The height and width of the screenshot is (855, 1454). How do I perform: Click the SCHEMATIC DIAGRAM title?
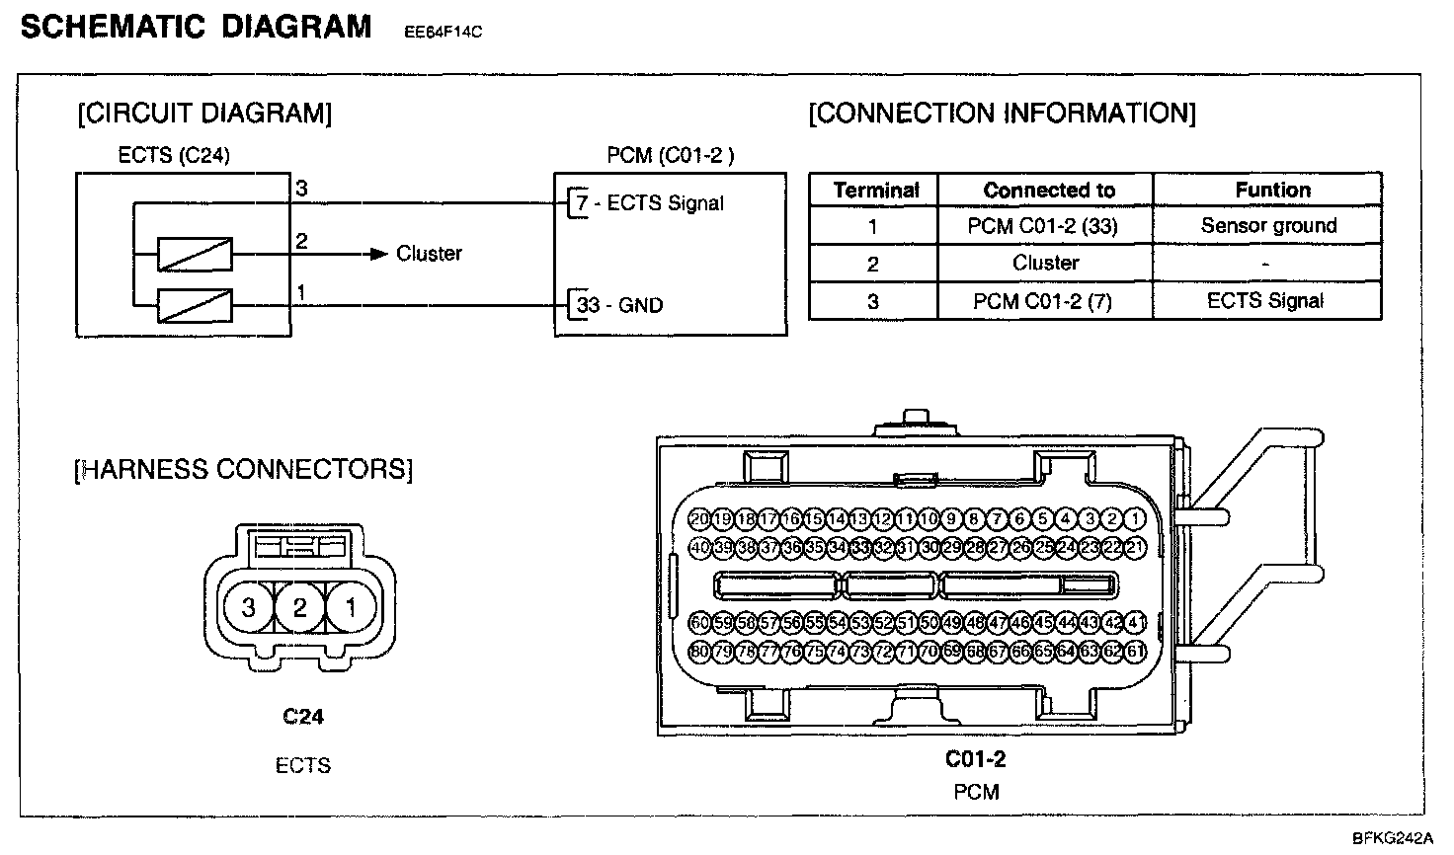tap(196, 27)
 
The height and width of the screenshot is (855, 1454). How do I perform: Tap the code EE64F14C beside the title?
tap(443, 32)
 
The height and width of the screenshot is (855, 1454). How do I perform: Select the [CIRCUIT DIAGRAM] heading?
tap(204, 114)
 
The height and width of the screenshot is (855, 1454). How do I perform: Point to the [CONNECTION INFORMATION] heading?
tap(1002, 114)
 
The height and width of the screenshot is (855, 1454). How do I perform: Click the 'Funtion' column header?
tap(1272, 190)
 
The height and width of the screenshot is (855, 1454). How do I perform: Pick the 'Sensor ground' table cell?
tap(1268, 226)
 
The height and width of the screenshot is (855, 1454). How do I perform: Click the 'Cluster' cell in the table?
tap(1045, 263)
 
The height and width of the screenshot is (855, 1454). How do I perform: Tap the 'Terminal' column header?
tap(876, 191)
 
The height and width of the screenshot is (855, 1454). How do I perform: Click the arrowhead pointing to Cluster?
tap(377, 254)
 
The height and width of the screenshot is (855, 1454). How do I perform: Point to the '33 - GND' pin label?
tap(619, 305)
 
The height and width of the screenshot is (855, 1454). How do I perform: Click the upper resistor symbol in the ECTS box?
tap(195, 254)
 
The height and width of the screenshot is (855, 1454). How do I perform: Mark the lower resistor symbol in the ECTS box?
tap(195, 305)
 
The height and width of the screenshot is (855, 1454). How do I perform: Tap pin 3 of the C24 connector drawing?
tap(249, 608)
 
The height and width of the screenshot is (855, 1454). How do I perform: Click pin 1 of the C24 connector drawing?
tap(350, 608)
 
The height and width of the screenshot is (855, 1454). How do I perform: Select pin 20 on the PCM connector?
tap(699, 518)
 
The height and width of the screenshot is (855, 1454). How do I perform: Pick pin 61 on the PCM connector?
tap(1135, 651)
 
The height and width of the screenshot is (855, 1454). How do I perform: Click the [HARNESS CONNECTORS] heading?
tap(243, 469)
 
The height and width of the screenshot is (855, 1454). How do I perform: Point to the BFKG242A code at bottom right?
tap(1392, 839)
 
